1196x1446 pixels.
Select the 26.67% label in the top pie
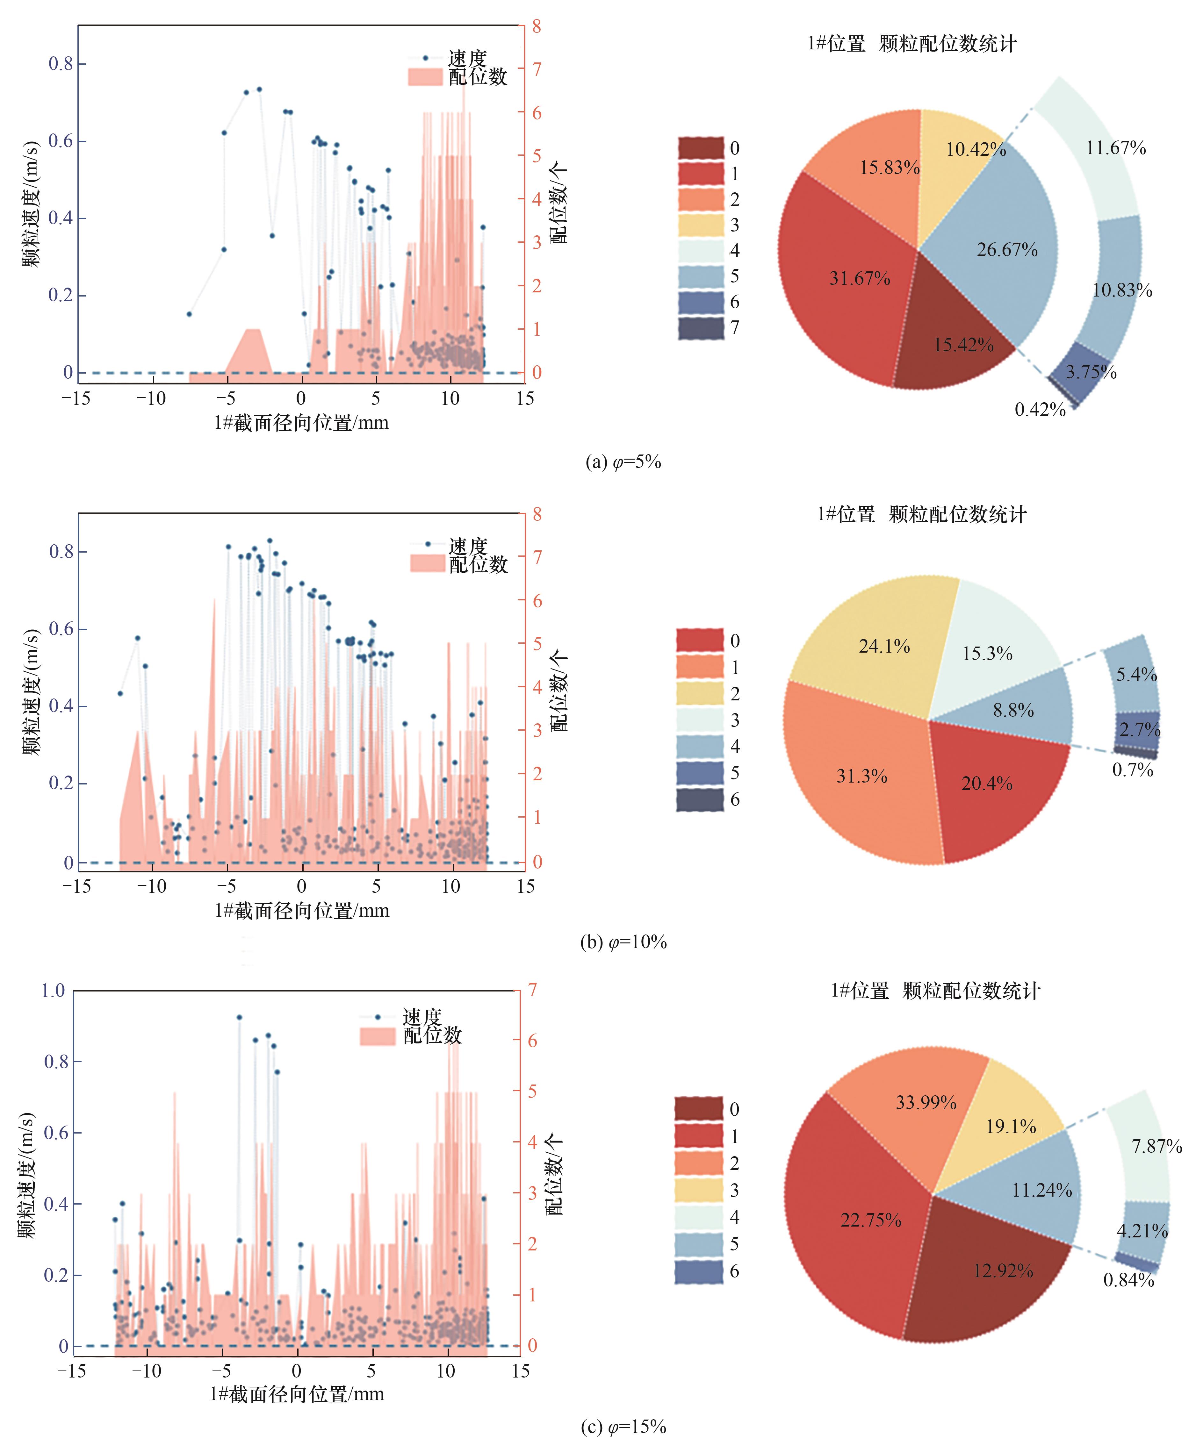tap(1006, 250)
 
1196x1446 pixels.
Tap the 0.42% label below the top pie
tap(1040, 410)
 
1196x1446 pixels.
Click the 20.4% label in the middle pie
tap(987, 784)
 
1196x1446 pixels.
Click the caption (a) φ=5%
tap(623, 462)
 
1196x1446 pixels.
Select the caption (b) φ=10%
tap(623, 942)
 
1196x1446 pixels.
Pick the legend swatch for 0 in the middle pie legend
tap(700, 641)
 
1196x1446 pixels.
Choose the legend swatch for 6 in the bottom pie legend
tap(699, 1271)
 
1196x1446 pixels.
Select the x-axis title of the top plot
tap(301, 423)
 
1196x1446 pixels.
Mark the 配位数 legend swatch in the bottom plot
tap(378, 1036)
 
